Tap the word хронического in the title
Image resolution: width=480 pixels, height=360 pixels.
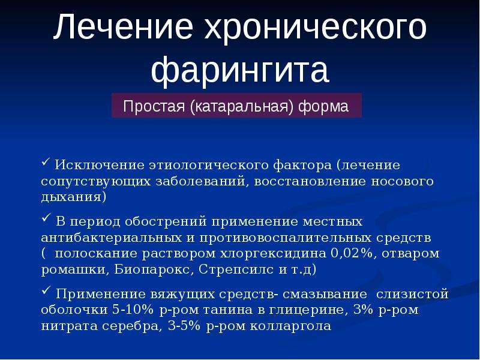pyautogui.click(x=316, y=29)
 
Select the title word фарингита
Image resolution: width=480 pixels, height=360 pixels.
pyautogui.click(x=240, y=70)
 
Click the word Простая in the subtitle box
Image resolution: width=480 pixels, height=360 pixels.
pyautogui.click(x=154, y=106)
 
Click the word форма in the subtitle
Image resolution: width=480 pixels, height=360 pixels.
pyautogui.click(x=323, y=107)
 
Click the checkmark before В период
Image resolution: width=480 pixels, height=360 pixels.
pyautogui.click(x=46, y=218)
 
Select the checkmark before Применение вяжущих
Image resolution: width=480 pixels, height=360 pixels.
pyautogui.click(x=46, y=290)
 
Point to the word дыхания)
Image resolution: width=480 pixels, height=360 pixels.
pyautogui.click(x=73, y=197)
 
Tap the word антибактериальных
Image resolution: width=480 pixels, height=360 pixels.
pyautogui.click(x=112, y=238)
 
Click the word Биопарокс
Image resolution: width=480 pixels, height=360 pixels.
pyautogui.click(x=154, y=269)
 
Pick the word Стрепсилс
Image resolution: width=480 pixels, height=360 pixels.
pyautogui.click(x=236, y=269)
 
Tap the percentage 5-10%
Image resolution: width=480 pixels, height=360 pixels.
pyautogui.click(x=133, y=310)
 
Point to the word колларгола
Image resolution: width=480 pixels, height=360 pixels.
pyautogui.click(x=290, y=326)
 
